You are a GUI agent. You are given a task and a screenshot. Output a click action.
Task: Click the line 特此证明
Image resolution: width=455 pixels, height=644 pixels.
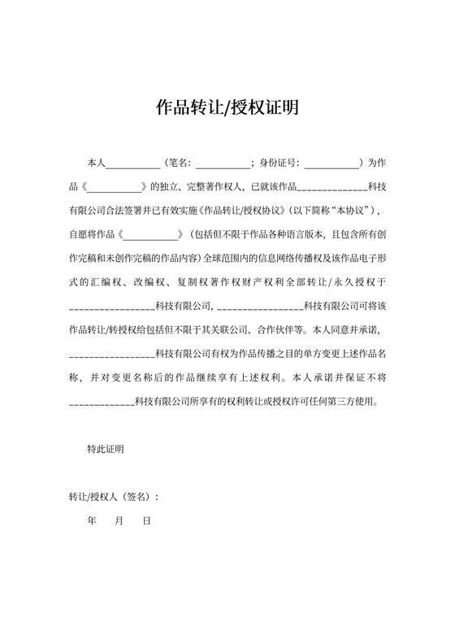[106, 448]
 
